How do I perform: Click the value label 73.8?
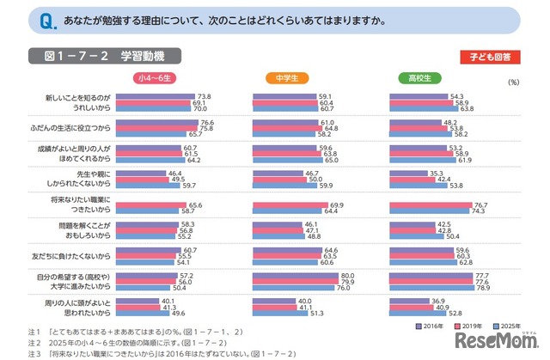click(x=205, y=96)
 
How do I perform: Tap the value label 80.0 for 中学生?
click(x=350, y=275)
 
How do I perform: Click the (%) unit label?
click(x=514, y=82)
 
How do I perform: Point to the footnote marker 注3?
click(x=34, y=353)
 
